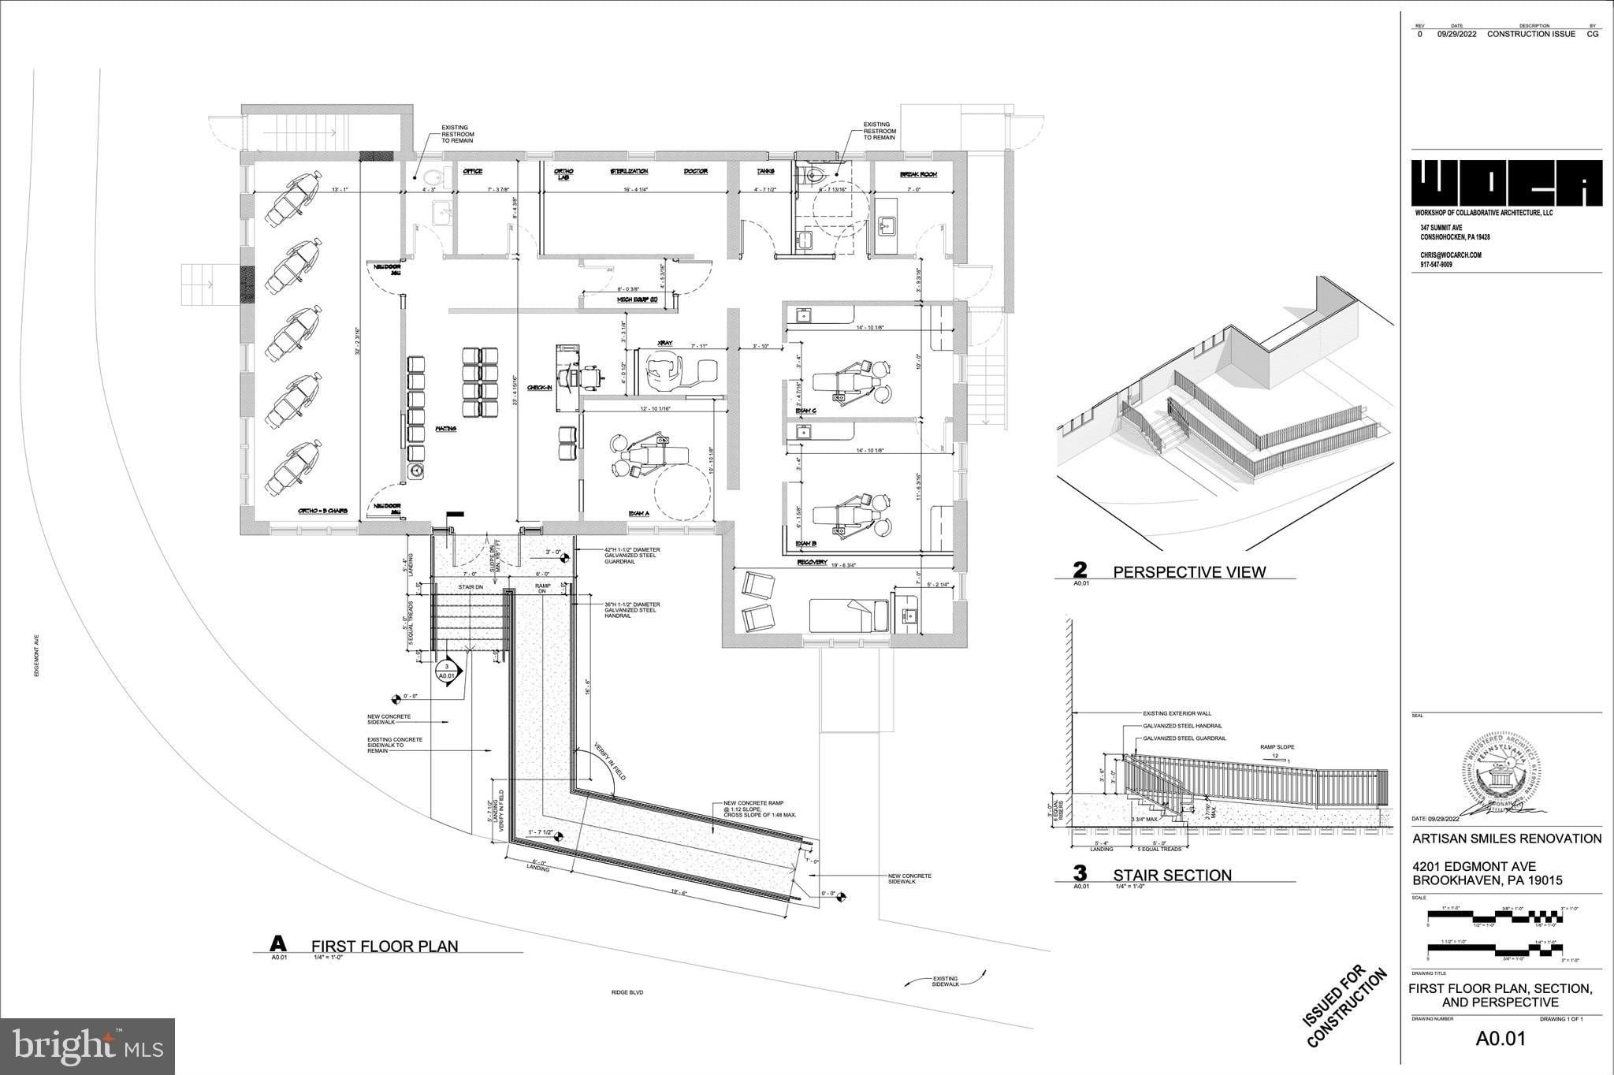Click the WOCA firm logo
click(1506, 184)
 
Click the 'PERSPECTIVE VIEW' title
click(1189, 572)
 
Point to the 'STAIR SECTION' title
click(1172, 875)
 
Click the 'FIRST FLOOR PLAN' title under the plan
click(385, 946)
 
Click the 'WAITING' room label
click(446, 429)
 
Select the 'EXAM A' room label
click(638, 513)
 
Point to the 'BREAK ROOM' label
click(918, 174)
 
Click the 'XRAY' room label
click(664, 344)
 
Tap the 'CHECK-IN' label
click(539, 388)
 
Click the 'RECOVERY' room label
click(811, 563)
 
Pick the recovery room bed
click(850, 615)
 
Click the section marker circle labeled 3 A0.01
click(446, 671)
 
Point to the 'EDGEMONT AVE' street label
click(37, 656)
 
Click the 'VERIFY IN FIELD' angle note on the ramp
click(609, 761)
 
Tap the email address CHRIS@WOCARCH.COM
click(1451, 255)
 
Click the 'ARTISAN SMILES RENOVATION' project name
click(1506, 839)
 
